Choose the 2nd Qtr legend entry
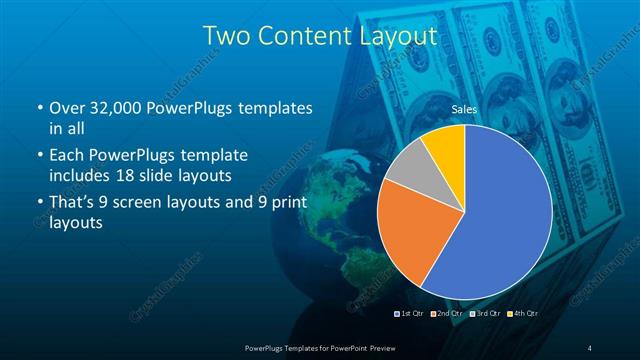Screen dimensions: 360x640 coord(447,314)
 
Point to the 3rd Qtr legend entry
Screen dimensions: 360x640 coord(485,314)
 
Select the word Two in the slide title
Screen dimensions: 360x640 coord(224,36)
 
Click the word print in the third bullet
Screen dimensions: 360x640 coord(289,204)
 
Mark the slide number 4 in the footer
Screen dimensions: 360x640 coord(590,347)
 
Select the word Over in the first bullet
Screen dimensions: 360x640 coord(66,108)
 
